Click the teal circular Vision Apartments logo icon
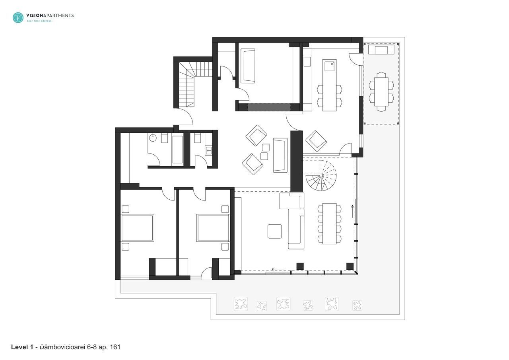[x=18, y=18]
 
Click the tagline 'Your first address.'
[x=39, y=21]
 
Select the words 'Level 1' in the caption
[x=22, y=347]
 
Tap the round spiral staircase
[x=321, y=176]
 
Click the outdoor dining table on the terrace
[x=381, y=91]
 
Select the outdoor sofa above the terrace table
[x=381, y=50]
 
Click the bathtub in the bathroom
[x=177, y=150]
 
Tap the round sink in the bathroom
[x=153, y=138]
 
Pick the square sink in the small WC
[x=209, y=151]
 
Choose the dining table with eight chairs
[x=329, y=223]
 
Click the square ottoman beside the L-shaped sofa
[x=274, y=231]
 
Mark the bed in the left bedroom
[x=137, y=228]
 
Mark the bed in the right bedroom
[x=213, y=228]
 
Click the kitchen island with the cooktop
[x=329, y=86]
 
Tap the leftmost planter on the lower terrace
[x=241, y=304]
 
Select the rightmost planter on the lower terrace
[x=357, y=306]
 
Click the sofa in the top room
[x=248, y=66]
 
